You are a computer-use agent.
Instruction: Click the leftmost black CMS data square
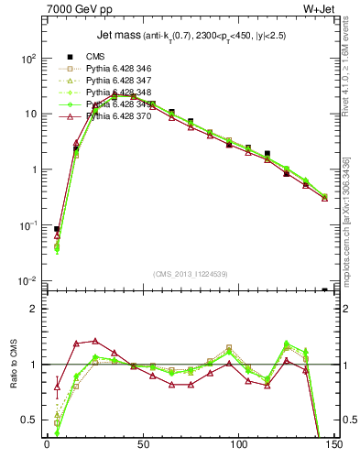[57, 230]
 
